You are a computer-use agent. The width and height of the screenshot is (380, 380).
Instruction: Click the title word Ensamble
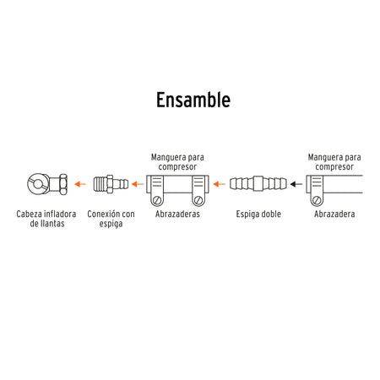pos(193,100)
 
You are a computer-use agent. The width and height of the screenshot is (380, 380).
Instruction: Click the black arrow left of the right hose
pos(296,184)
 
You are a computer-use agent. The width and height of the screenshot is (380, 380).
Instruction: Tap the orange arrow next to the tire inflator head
pos(80,184)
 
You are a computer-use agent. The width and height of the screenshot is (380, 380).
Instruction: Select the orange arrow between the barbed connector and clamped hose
pos(138,184)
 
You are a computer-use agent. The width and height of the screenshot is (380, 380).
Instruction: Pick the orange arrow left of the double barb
pos(220,184)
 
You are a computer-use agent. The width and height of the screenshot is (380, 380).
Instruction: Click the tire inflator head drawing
pos(47,184)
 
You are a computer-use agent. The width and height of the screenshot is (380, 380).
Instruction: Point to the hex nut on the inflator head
pos(62,184)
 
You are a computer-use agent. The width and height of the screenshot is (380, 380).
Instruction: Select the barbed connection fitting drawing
pos(111,184)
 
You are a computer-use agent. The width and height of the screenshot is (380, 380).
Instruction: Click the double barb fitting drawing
pos(258,184)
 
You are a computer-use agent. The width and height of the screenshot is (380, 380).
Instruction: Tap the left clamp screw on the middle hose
pos(157,200)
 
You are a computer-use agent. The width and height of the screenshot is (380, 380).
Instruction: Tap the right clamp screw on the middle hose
pos(198,200)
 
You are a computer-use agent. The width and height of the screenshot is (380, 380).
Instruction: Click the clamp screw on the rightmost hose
pos(317,200)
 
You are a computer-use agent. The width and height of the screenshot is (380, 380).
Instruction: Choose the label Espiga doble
pos(258,214)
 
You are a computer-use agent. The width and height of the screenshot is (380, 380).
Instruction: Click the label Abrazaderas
pos(177,214)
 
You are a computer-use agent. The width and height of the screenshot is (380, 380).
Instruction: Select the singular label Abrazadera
pos(334,214)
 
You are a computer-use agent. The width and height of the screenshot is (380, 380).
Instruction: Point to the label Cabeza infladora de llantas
pos(46,219)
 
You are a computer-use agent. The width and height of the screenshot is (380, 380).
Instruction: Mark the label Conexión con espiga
pos(111,219)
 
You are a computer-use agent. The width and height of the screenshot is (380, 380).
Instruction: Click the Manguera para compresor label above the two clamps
pos(177,162)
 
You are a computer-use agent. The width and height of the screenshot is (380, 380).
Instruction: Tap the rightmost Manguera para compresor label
pos(334,162)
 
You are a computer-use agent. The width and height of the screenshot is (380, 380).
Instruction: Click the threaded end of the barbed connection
pos(100,184)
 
